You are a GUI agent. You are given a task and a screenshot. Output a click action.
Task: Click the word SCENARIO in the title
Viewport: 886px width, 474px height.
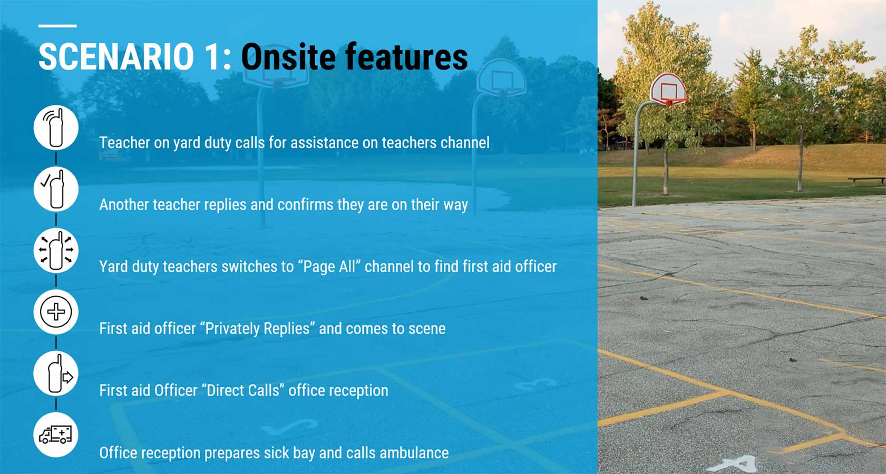[116, 57]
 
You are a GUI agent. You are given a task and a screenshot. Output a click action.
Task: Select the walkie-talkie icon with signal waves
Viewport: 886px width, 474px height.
[56, 127]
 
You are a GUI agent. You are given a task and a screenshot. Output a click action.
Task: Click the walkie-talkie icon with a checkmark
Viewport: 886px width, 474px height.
[56, 189]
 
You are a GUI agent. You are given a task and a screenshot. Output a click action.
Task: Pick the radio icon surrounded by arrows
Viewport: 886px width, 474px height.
[56, 251]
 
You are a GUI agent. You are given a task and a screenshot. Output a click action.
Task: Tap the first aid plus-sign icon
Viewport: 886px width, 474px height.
[56, 312]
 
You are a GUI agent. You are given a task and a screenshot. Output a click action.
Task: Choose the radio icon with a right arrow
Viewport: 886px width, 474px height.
[56, 373]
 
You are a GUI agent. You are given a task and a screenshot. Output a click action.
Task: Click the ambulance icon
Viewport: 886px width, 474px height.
[56, 435]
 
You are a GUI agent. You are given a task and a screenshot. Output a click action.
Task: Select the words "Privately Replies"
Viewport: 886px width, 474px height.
[258, 329]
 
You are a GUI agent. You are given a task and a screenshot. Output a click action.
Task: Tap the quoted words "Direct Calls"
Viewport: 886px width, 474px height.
[243, 391]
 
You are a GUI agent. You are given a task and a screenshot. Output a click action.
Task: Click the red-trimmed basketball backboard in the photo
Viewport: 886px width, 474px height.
[668, 88]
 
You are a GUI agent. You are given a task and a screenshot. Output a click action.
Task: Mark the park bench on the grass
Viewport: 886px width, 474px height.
[866, 181]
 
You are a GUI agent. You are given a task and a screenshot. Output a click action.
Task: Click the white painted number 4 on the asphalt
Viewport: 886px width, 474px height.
[736, 464]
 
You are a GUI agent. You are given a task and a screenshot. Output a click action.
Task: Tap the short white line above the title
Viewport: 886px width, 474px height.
[57, 26]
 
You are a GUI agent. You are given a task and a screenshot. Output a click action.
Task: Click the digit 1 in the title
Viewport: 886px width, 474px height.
[213, 57]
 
